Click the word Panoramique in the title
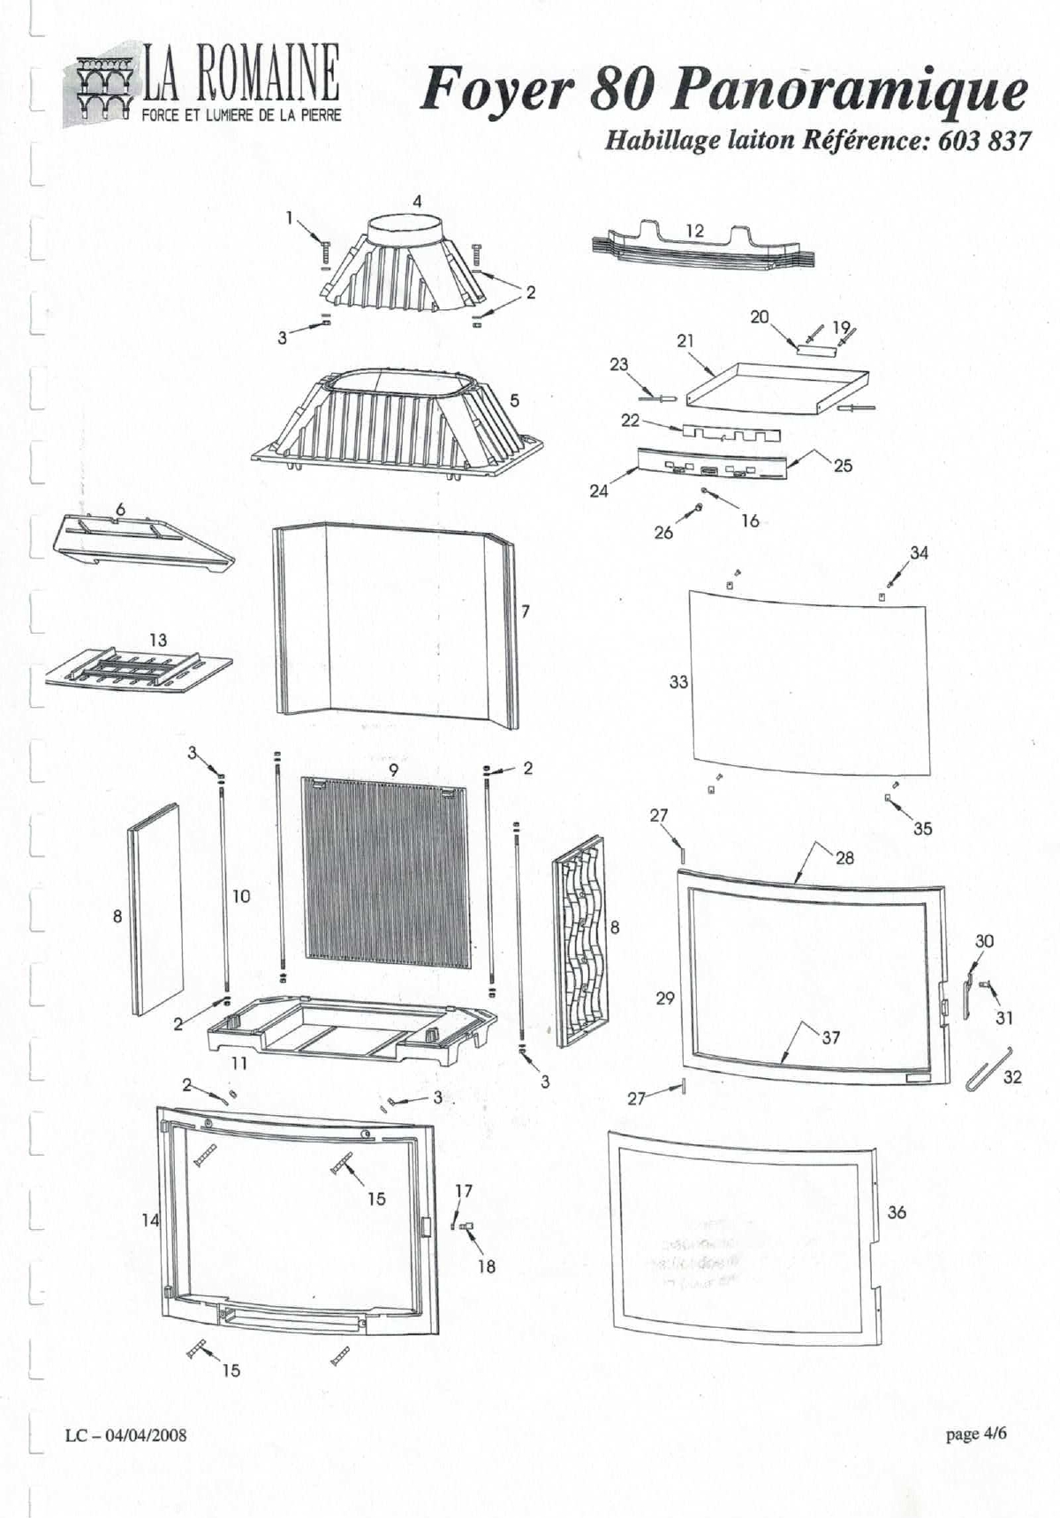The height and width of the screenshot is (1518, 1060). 848,91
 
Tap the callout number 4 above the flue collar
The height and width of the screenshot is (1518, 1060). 417,201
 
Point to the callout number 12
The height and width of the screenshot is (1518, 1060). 694,231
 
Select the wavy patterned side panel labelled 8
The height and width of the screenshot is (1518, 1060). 580,941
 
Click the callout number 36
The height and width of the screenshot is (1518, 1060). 897,1212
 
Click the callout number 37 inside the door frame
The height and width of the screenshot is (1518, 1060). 830,1037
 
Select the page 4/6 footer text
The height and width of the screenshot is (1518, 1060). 975,1433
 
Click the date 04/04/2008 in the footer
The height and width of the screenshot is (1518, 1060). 146,1435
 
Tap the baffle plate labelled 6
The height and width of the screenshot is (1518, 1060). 141,543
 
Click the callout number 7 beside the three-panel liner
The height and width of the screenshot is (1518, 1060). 526,611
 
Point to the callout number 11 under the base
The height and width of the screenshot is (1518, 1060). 238,1064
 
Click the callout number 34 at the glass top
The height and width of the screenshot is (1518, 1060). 919,553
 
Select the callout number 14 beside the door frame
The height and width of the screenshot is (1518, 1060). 150,1220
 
